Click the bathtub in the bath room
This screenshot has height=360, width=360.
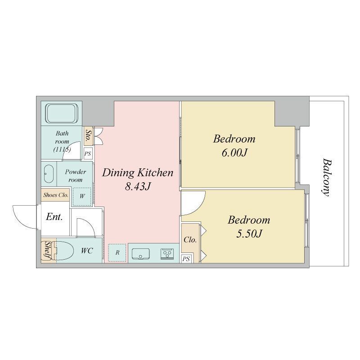[x=62, y=113]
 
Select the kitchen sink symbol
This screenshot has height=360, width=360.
[x=140, y=254]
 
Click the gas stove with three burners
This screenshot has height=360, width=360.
[x=167, y=254]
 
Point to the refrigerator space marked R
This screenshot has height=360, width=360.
[x=117, y=252]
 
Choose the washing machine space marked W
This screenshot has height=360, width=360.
[x=82, y=196]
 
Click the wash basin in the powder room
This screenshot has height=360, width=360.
[x=49, y=174]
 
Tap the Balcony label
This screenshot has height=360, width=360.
[x=326, y=177]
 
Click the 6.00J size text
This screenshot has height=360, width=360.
[x=234, y=153]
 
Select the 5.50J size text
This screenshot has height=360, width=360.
[x=249, y=234]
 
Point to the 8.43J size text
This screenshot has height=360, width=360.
[x=138, y=186]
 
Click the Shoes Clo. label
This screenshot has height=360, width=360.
[x=56, y=195]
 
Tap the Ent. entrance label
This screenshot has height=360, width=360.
[x=54, y=216]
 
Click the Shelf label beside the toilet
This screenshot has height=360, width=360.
[x=48, y=251]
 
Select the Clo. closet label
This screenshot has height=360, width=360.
[x=190, y=240]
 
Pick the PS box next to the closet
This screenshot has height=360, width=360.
[x=186, y=259]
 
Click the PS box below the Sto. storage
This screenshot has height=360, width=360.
[x=88, y=153]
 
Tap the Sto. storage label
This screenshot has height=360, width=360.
[x=88, y=136]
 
